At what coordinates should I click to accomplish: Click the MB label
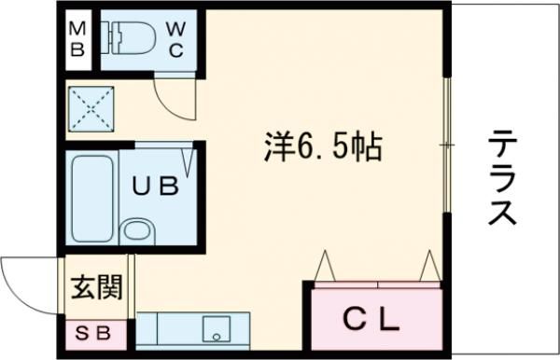[x=78, y=39]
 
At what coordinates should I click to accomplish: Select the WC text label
[x=175, y=39]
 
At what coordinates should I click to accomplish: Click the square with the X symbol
[x=91, y=109]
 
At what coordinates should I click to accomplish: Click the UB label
[x=154, y=187]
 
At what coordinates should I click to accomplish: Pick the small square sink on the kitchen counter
[x=217, y=329]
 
